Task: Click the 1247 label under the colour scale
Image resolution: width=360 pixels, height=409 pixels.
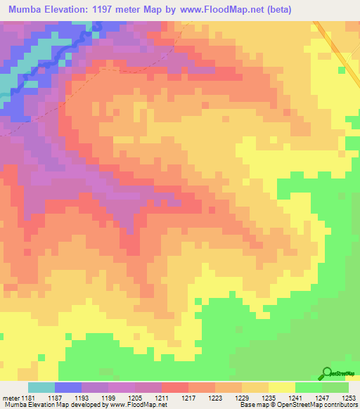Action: tap(321, 397)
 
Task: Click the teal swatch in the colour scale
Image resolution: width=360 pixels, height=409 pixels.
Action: tap(41, 387)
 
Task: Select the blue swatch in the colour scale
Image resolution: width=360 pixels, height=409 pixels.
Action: tap(68, 387)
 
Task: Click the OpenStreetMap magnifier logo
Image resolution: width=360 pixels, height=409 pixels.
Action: tap(326, 374)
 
